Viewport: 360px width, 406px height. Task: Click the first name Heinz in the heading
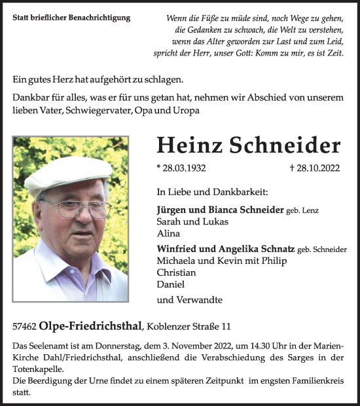pos(186,145)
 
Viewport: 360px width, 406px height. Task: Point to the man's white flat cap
pos(68,173)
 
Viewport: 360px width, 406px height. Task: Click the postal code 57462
pos(24,326)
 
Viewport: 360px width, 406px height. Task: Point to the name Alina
pos(168,232)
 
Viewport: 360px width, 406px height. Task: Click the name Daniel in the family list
pos(170,284)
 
